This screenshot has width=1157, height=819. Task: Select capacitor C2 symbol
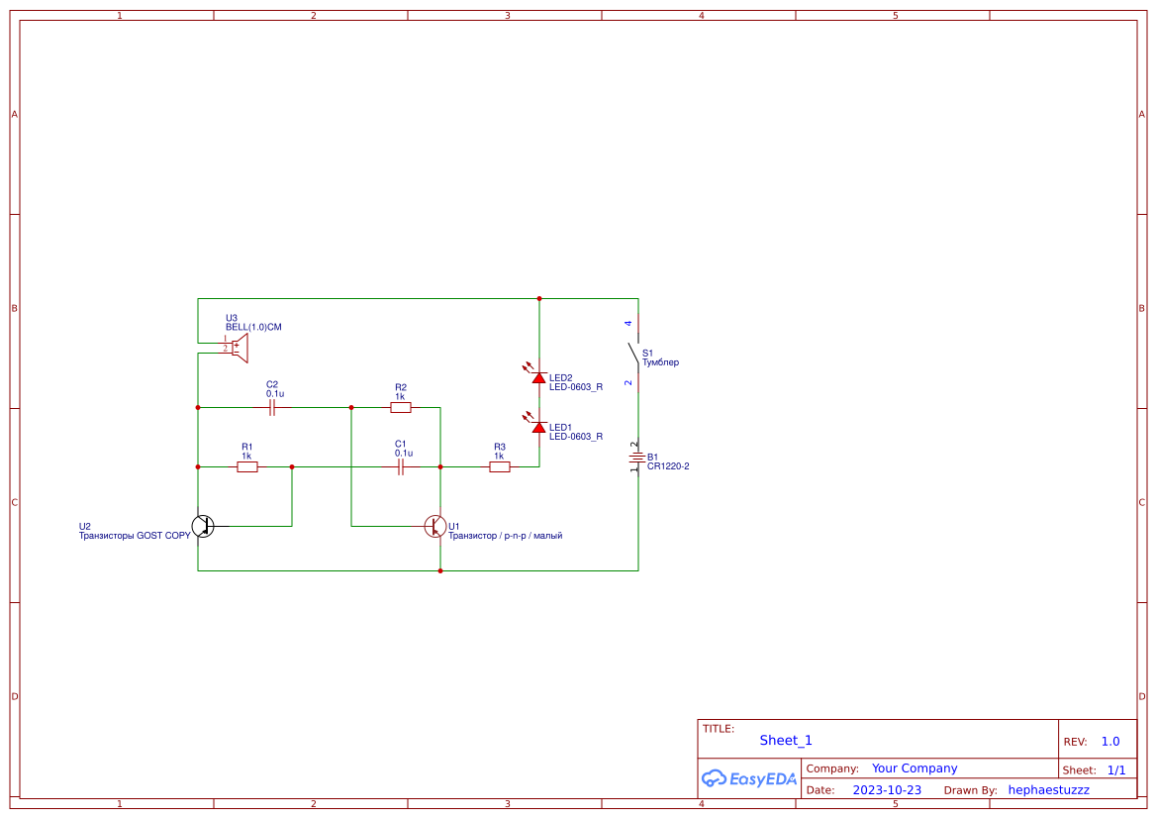pyautogui.click(x=272, y=407)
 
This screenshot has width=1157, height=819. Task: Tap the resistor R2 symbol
pyautogui.click(x=401, y=407)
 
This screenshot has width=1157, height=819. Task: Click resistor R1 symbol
pyautogui.click(x=247, y=466)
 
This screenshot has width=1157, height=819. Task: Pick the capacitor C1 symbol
pyautogui.click(x=401, y=466)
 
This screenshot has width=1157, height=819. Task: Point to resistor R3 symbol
pyautogui.click(x=500, y=466)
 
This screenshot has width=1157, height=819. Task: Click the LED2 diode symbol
pyautogui.click(x=538, y=377)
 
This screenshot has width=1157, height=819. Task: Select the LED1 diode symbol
pyautogui.click(x=538, y=427)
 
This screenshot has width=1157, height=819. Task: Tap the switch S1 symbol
pyautogui.click(x=634, y=353)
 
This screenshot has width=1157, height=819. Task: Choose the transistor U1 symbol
pyautogui.click(x=435, y=526)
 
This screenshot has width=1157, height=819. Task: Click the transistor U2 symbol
pyautogui.click(x=202, y=526)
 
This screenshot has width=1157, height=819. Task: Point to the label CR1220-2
pyautogui.click(x=668, y=465)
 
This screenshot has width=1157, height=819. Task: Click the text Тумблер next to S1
pyautogui.click(x=660, y=362)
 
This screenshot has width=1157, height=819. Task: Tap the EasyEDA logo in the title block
pyautogui.click(x=748, y=778)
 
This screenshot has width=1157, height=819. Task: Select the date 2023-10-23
pyautogui.click(x=887, y=790)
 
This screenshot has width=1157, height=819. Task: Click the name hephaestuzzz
pyautogui.click(x=1048, y=790)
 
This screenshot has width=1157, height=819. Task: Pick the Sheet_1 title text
pyautogui.click(x=786, y=741)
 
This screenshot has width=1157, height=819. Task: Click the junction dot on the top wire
pyautogui.click(x=539, y=298)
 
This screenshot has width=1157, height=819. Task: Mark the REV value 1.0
pyautogui.click(x=1109, y=742)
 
